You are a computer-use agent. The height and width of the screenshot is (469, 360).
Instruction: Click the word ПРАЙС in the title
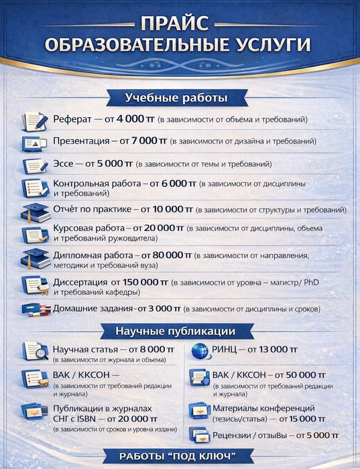tap(179, 25)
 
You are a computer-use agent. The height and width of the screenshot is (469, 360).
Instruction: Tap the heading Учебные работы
tap(176, 98)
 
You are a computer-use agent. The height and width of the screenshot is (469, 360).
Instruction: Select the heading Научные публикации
tap(176, 331)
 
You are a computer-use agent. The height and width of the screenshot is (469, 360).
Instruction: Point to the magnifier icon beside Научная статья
tap(34, 352)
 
